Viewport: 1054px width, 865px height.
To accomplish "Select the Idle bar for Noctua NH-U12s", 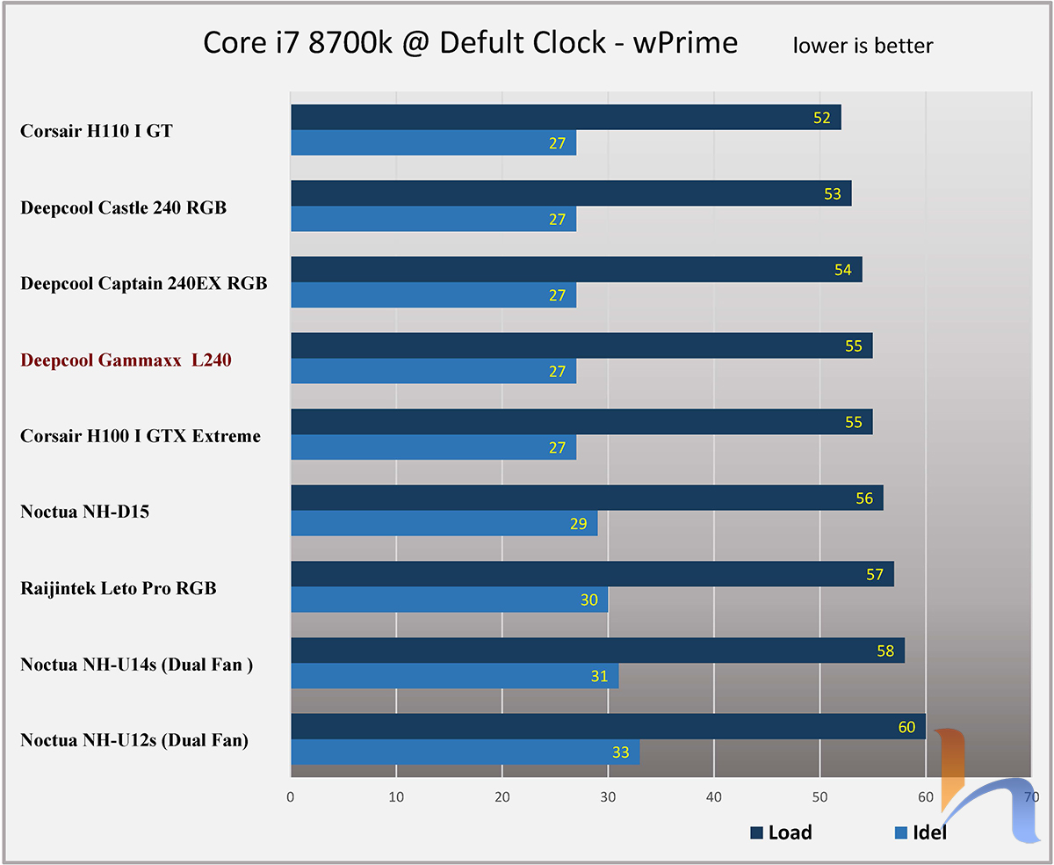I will click(x=465, y=752).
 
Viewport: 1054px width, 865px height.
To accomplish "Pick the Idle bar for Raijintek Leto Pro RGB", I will click(x=449, y=600).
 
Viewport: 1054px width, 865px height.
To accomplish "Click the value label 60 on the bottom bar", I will click(x=906, y=727).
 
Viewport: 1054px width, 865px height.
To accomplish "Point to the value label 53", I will click(x=833, y=194).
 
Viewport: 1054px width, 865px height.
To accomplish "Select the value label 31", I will click(x=599, y=676).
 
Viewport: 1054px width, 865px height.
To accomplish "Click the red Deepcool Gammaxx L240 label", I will click(x=126, y=360).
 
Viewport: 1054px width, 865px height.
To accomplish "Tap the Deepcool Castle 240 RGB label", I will click(x=123, y=208).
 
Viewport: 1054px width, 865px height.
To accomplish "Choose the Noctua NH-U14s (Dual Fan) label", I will click(x=137, y=665).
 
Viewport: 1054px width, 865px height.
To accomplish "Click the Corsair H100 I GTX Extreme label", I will click(x=141, y=436).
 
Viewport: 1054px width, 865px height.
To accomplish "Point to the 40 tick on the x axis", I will click(x=714, y=797).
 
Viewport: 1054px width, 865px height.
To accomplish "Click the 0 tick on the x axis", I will click(x=291, y=797).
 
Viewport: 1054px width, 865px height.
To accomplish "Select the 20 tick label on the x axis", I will click(x=502, y=797).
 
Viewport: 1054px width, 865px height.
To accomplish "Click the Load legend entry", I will click(x=782, y=832).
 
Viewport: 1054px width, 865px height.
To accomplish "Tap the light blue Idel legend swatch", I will click(x=899, y=832).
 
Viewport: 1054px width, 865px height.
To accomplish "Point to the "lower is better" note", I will click(x=863, y=46).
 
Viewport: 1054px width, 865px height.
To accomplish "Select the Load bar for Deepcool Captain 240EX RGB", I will click(x=576, y=270).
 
